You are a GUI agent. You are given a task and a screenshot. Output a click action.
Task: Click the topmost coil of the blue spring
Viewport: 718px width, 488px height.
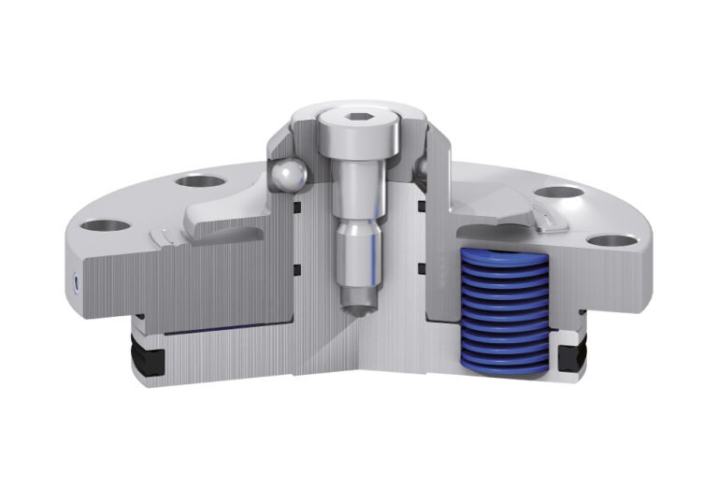point(506,258)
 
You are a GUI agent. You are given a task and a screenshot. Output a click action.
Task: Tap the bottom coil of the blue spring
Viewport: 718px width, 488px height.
point(506,366)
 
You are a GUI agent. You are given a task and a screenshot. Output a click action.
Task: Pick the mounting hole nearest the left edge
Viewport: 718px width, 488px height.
point(105,226)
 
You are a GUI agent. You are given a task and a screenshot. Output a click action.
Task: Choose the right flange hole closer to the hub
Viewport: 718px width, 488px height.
point(560,194)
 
